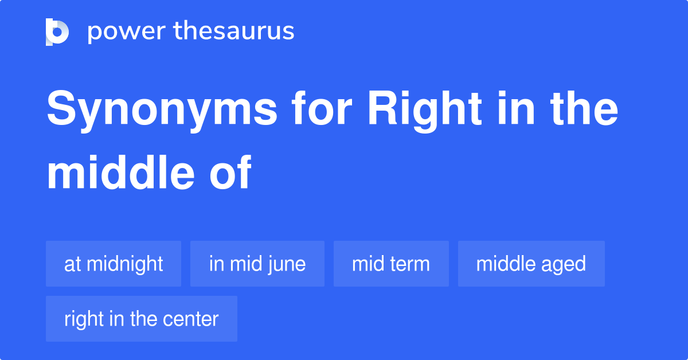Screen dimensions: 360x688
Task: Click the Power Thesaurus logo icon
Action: coord(57,32)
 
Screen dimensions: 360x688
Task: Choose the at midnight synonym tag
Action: coord(114,264)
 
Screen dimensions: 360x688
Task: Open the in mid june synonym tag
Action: coord(257,264)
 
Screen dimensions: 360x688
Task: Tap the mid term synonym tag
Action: coord(391,264)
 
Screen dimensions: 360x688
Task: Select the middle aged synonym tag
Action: coord(531,264)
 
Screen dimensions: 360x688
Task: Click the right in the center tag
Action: coord(142,319)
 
